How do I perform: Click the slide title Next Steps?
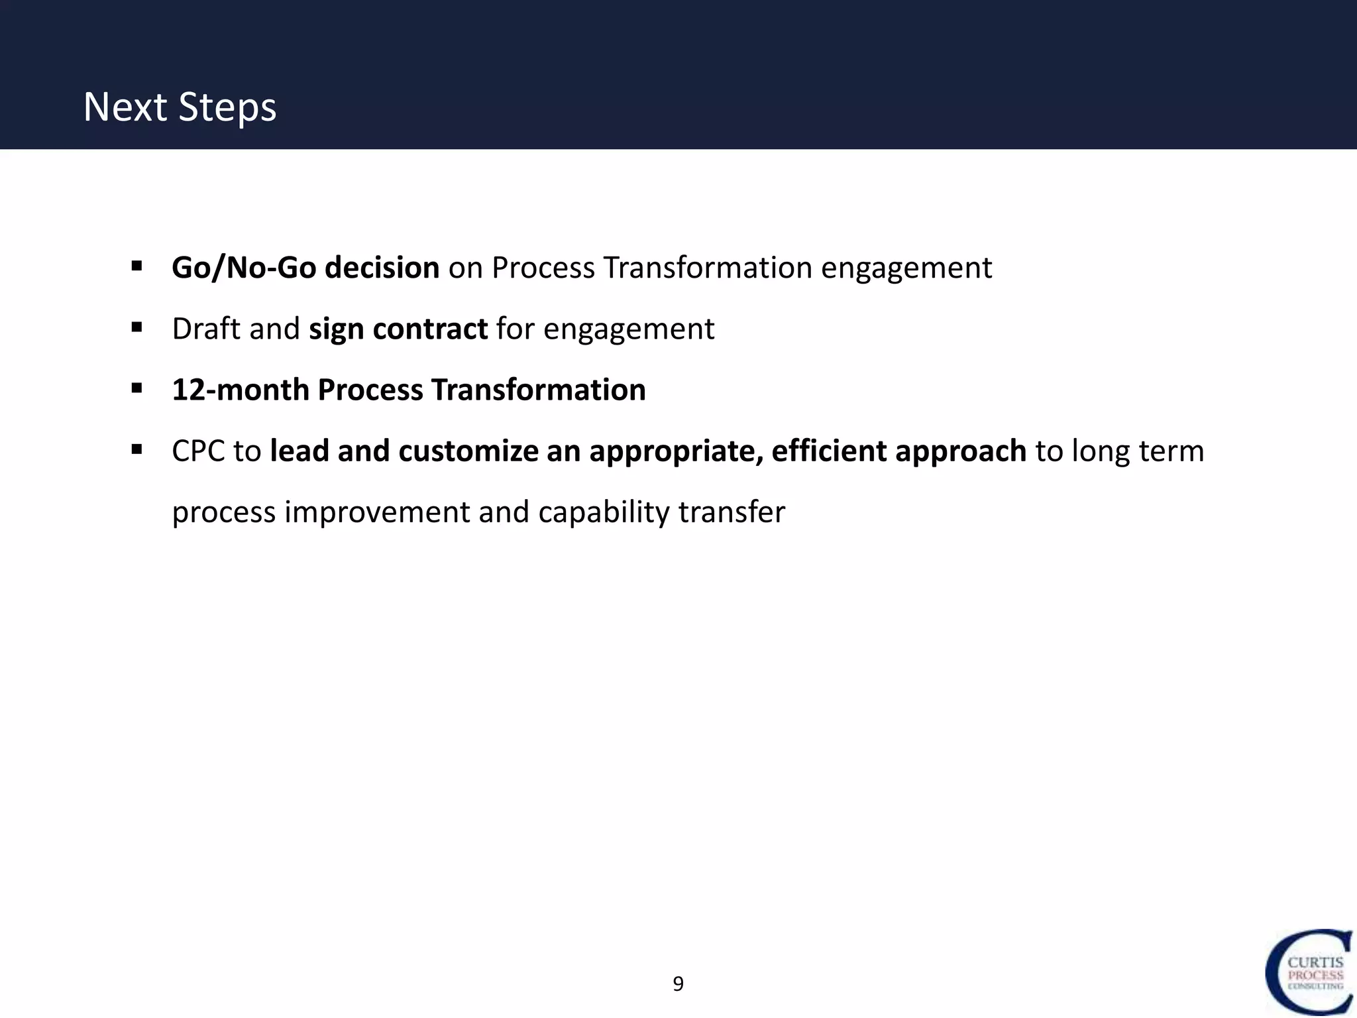coord(180,107)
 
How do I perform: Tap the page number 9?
coord(678,984)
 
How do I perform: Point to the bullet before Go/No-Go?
coord(137,266)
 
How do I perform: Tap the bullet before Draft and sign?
coord(137,327)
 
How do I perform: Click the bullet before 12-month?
coord(137,388)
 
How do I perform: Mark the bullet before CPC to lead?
coord(137,449)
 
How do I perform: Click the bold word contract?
coord(430,329)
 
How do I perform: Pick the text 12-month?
coord(240,390)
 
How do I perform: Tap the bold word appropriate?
coord(675,451)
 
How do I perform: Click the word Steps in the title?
coord(227,107)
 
